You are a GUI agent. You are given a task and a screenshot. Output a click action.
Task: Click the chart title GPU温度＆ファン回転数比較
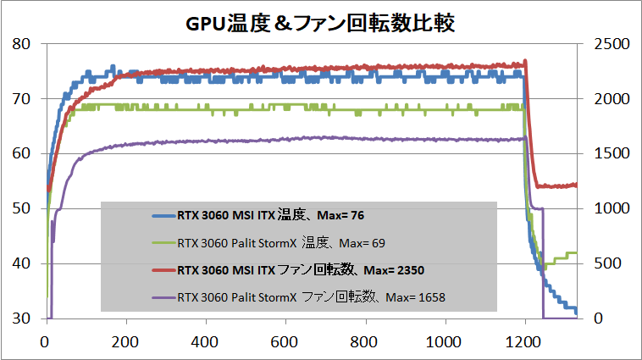320,23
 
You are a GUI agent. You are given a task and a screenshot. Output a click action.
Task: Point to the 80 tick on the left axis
19,44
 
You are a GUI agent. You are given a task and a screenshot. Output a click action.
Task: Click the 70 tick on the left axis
19,99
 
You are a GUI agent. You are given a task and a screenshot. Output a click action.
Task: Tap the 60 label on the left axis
19,154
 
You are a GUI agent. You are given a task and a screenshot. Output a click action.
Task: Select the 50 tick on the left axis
19,209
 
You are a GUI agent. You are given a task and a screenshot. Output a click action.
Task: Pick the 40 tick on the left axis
19,264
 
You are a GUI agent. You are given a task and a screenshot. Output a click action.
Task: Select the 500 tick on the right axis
603,264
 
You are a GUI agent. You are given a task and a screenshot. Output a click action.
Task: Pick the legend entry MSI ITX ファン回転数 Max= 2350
301,271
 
